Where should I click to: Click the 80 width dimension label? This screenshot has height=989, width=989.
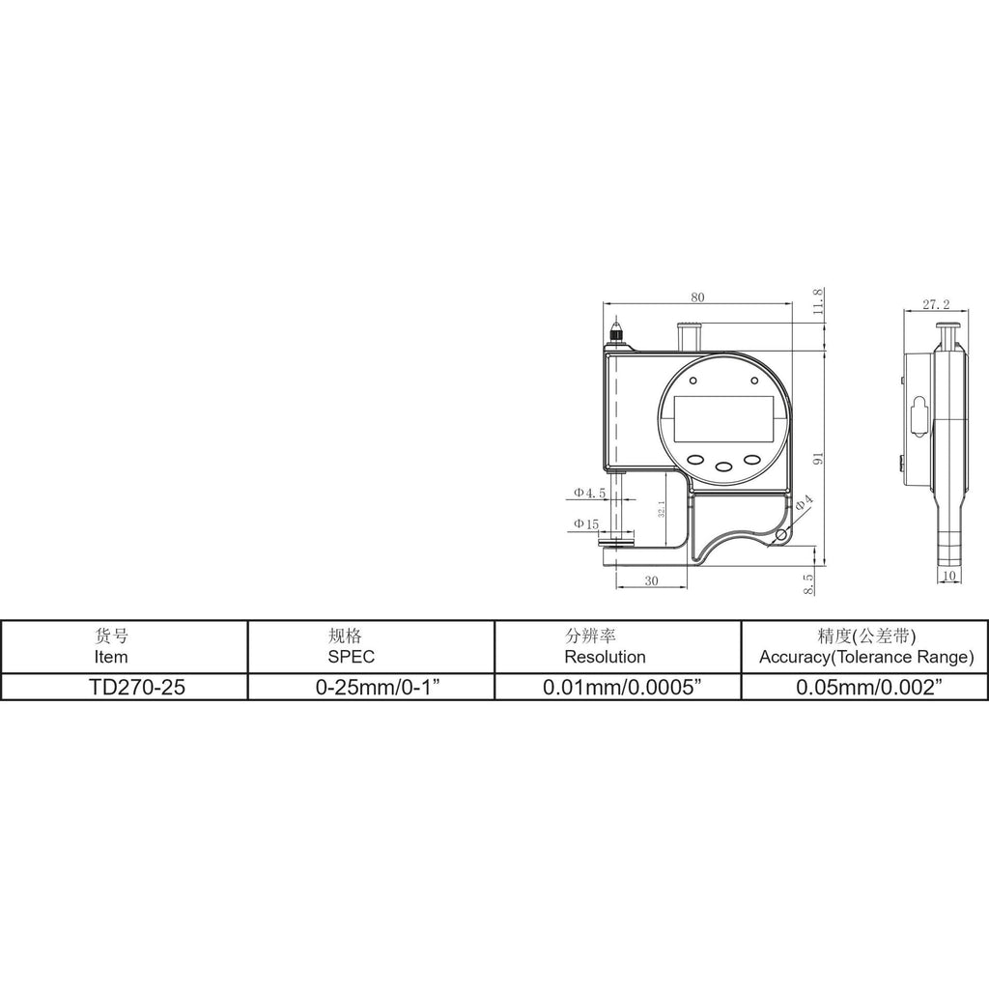tap(697, 297)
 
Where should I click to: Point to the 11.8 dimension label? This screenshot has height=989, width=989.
tap(818, 301)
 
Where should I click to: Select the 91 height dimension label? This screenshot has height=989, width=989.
tap(818, 459)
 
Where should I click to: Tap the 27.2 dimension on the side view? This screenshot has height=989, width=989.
tap(936, 304)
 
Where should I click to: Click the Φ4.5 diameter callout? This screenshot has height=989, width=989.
tap(589, 493)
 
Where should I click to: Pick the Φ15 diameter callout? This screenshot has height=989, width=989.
tap(585, 524)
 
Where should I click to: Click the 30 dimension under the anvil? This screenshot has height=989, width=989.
tap(652, 580)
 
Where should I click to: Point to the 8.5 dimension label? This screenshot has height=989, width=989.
tap(808, 583)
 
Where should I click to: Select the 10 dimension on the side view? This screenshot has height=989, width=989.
tap(948, 576)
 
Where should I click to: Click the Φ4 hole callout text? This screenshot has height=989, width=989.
tap(804, 502)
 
